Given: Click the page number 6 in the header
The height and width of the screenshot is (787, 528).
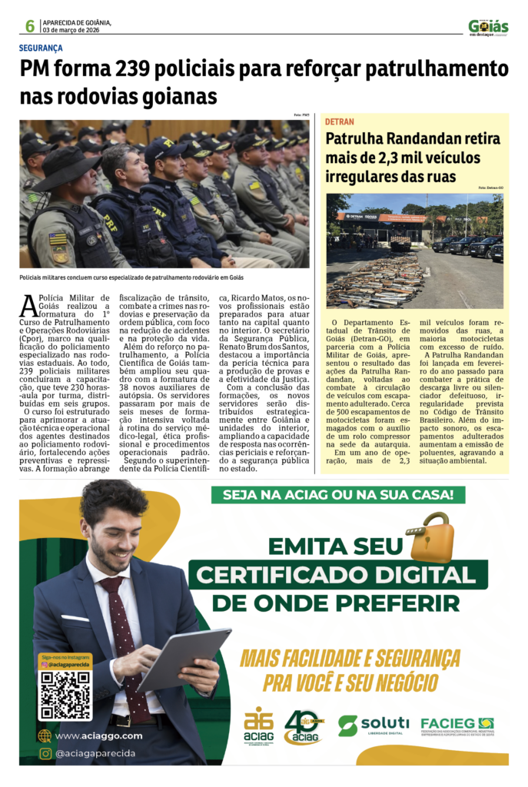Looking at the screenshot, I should point(29,27).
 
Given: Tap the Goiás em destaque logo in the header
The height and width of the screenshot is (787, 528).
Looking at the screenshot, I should point(488,27).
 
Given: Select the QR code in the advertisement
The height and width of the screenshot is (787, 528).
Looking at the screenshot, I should point(65,696).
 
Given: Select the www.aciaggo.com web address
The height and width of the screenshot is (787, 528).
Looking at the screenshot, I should point(98,736).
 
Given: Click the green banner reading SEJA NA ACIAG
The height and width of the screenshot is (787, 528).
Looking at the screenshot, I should point(337,495).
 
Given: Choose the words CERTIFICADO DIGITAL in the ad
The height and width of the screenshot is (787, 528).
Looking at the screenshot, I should point(338,576).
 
